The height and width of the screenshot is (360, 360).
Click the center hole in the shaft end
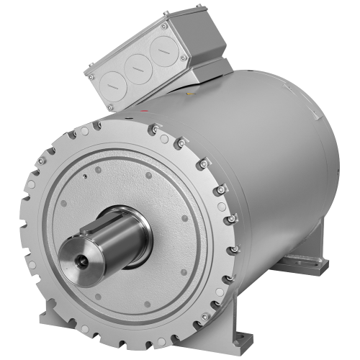pos(79,258)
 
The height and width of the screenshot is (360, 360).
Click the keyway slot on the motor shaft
pos(101,226)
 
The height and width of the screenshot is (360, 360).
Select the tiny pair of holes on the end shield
pos(86,174)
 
